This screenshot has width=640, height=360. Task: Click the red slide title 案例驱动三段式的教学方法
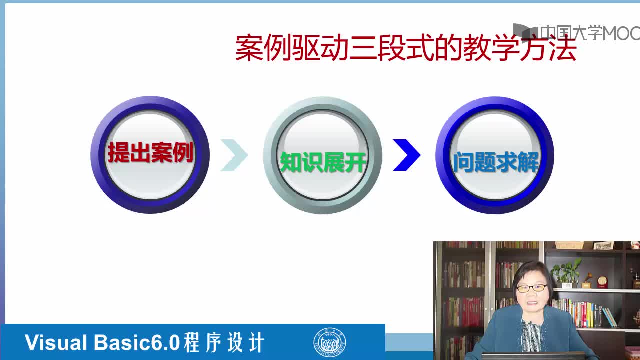click(x=406, y=47)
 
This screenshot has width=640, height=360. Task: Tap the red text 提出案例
click(x=151, y=153)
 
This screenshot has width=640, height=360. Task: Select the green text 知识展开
click(x=323, y=162)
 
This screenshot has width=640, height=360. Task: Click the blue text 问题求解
click(x=496, y=162)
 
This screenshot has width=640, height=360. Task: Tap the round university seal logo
click(x=329, y=342)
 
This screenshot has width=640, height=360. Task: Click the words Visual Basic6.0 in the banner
click(x=102, y=342)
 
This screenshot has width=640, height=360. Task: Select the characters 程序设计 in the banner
click(x=224, y=342)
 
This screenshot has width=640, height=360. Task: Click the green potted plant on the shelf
click(x=566, y=272)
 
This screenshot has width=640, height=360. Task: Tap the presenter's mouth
click(x=531, y=303)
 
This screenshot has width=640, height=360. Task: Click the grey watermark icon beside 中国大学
click(x=525, y=31)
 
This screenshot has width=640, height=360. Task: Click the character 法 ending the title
click(x=563, y=48)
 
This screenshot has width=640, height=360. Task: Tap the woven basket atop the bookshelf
click(x=569, y=245)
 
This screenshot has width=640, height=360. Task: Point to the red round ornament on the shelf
click(x=603, y=282)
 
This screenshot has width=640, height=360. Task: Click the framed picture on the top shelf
click(x=603, y=245)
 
